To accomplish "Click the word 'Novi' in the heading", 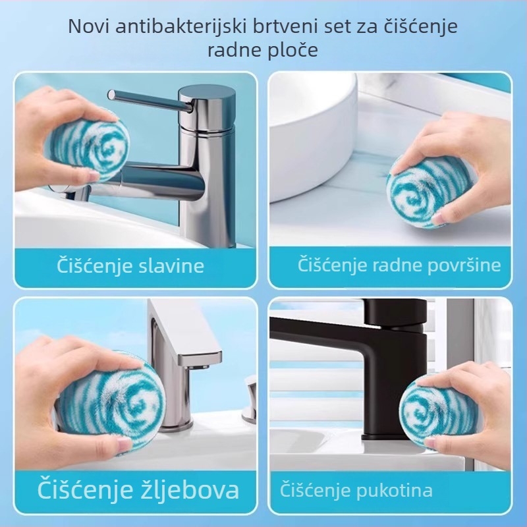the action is [89, 26].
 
